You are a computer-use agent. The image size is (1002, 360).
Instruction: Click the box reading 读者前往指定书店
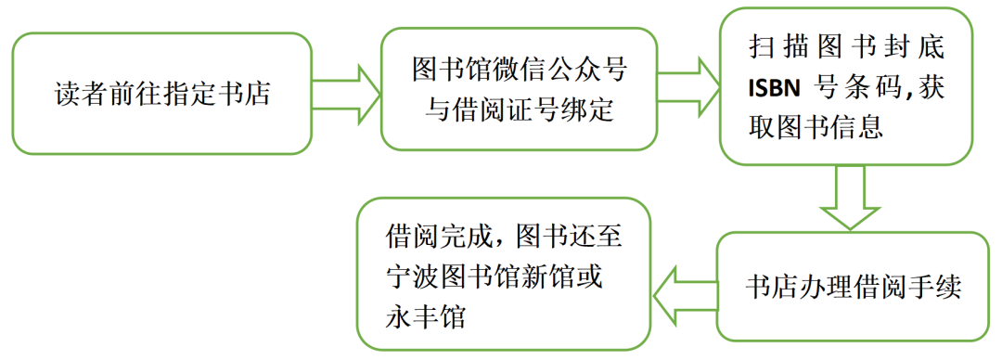click(x=161, y=94)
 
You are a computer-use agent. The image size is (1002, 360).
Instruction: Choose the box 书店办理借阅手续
click(x=852, y=287)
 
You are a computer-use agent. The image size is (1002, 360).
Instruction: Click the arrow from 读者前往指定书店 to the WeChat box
click(x=346, y=93)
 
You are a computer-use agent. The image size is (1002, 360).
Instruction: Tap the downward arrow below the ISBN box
click(x=851, y=197)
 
